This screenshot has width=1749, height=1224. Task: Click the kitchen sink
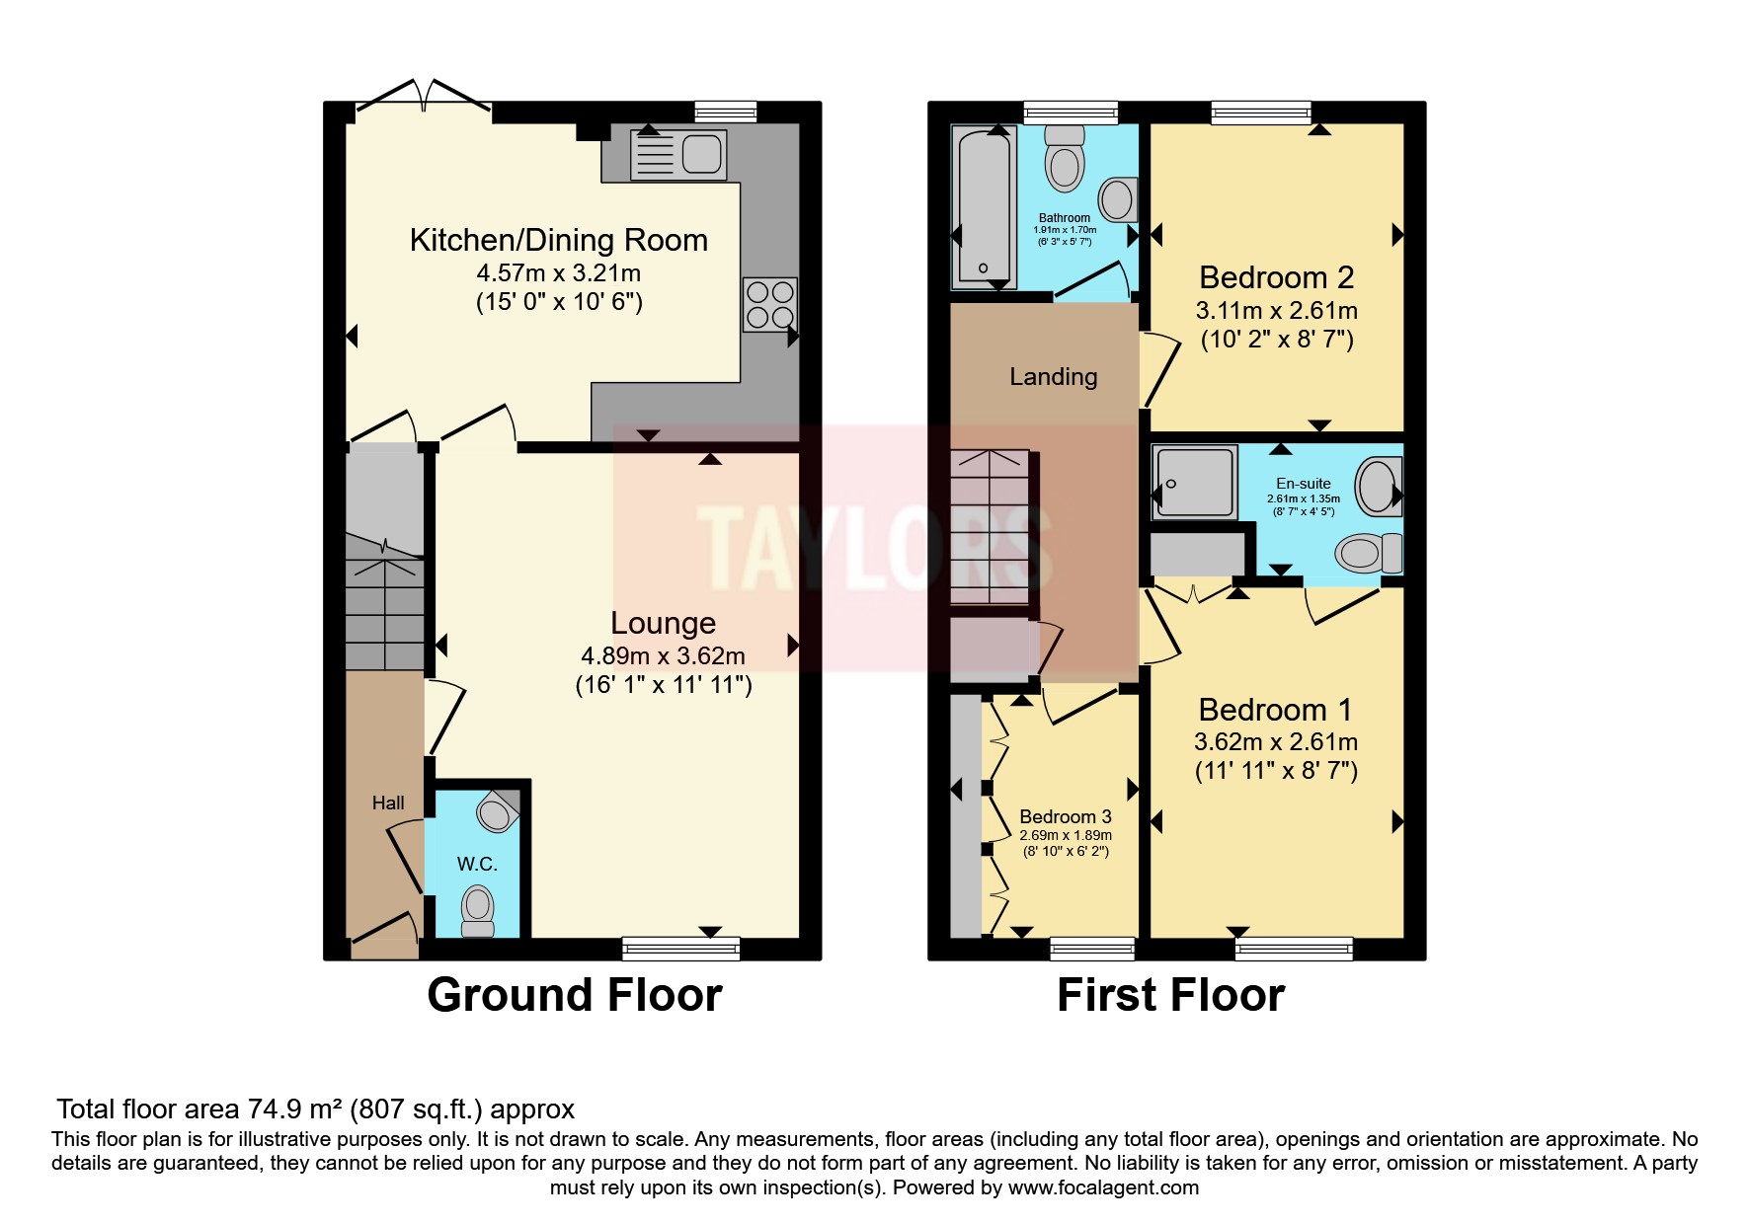click(x=677, y=155)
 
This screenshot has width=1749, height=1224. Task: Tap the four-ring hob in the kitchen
click(x=770, y=305)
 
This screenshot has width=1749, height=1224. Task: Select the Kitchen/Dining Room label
click(x=559, y=240)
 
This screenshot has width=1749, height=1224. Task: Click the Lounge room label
click(x=663, y=623)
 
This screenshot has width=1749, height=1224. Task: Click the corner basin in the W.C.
click(x=499, y=810)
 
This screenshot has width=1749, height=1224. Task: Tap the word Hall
click(x=388, y=803)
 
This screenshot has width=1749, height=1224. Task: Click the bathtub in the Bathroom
click(x=984, y=207)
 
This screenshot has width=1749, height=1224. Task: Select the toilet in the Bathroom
click(x=1065, y=159)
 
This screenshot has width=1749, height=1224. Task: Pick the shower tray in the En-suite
click(x=1194, y=483)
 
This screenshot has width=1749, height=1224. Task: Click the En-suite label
click(x=1304, y=484)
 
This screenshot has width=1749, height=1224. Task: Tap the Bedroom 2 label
click(x=1276, y=277)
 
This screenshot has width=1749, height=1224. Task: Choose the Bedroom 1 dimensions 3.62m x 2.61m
click(x=1276, y=742)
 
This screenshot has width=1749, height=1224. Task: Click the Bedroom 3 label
click(x=1066, y=816)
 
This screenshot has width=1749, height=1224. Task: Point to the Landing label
click(x=1054, y=376)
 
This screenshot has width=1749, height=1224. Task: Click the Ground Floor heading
click(x=575, y=995)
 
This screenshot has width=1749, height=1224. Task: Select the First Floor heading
click(x=1171, y=995)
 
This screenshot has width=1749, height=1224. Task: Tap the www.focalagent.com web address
click(x=1103, y=1187)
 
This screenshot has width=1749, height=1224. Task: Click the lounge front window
click(x=681, y=949)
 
